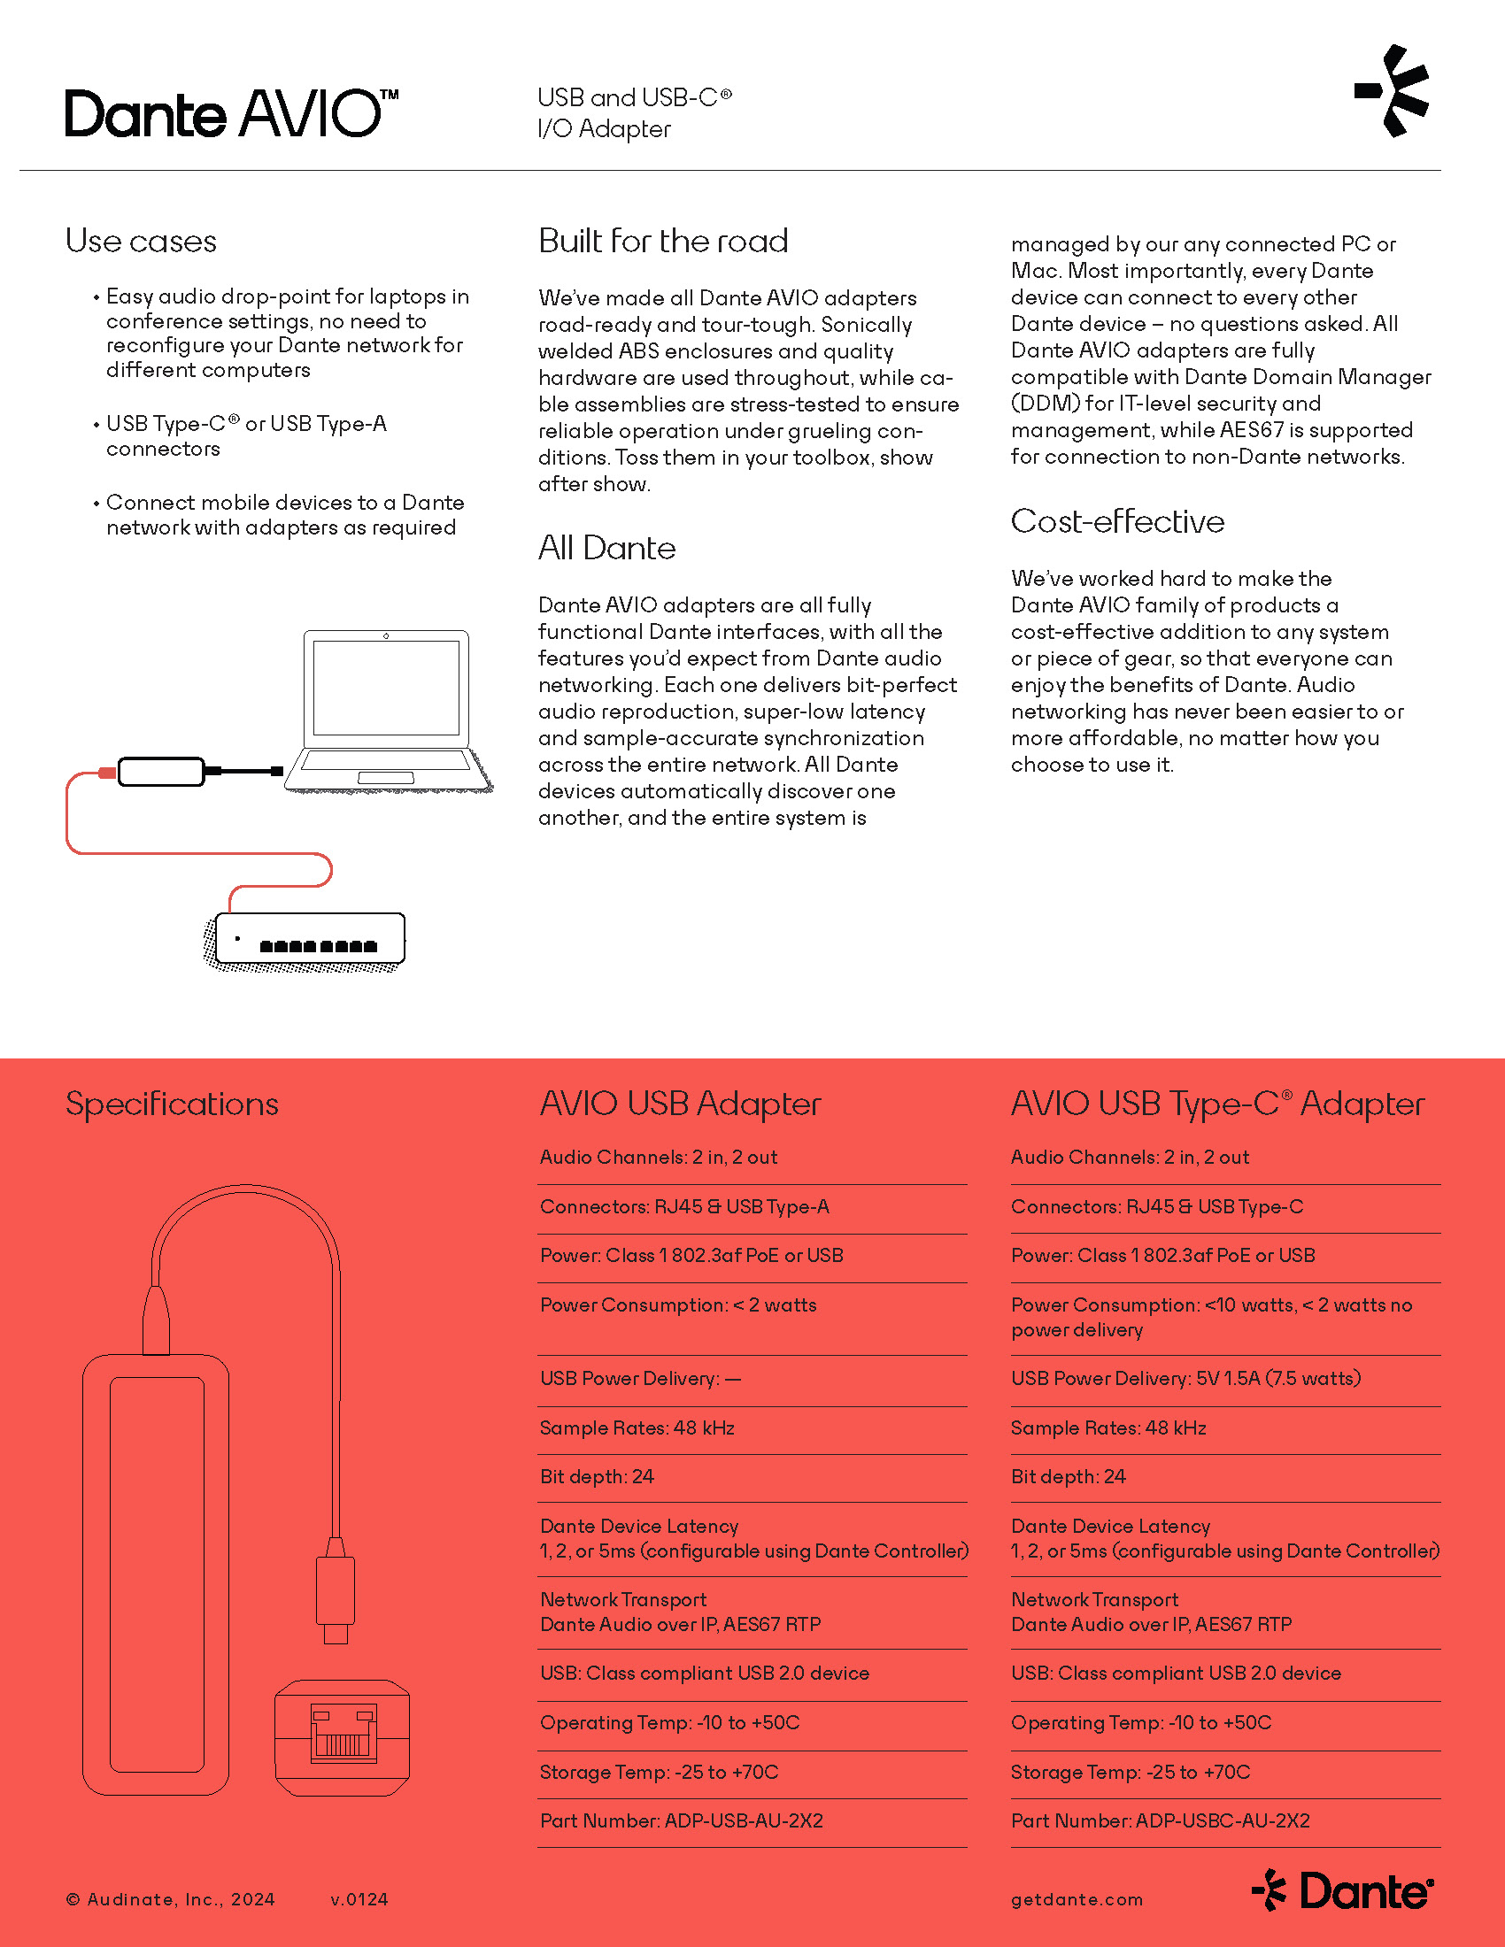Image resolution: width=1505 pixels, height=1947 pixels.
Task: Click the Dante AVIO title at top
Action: tap(231, 113)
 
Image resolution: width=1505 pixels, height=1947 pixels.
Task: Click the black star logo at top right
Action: tap(1393, 91)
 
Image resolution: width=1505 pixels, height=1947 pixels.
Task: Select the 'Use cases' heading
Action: tap(141, 242)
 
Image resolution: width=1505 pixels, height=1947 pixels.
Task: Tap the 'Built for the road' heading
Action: tap(662, 242)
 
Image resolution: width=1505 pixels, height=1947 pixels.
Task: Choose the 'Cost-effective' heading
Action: tap(1117, 521)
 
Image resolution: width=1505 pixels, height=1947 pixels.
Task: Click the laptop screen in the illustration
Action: tap(386, 688)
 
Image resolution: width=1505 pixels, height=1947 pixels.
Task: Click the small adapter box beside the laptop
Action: tap(160, 771)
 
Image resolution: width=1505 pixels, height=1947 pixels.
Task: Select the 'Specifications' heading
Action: tap(172, 1104)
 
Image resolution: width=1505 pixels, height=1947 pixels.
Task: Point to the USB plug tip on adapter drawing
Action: tap(336, 1633)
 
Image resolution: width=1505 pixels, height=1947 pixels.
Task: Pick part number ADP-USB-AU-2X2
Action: tap(681, 1820)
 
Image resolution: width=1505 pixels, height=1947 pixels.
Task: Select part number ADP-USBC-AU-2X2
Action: tap(1160, 1820)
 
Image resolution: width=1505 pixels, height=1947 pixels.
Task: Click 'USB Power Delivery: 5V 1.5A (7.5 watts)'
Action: tap(1185, 1378)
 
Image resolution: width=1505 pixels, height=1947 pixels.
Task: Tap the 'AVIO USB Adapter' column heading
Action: tap(680, 1104)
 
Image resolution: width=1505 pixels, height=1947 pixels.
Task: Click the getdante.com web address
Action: tap(1077, 1900)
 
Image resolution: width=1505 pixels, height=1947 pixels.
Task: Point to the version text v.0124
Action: tap(359, 1900)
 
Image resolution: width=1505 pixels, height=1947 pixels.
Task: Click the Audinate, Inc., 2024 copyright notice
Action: tap(170, 1900)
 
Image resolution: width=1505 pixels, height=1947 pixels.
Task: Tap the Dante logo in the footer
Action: tap(1342, 1892)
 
